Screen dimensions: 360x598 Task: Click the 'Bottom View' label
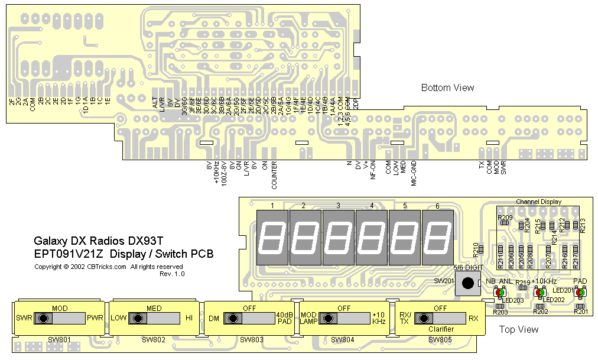(x=447, y=88)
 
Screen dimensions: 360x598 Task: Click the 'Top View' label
(x=519, y=329)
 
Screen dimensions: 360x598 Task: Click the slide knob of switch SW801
(x=43, y=319)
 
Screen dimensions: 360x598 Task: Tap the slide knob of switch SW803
(x=233, y=319)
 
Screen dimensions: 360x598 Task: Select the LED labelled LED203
(x=499, y=292)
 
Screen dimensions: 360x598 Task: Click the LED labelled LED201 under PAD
(x=580, y=292)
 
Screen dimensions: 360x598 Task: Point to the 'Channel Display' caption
(x=538, y=202)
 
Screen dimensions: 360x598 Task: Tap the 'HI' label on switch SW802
(x=189, y=318)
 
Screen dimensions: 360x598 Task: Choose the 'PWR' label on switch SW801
(x=95, y=318)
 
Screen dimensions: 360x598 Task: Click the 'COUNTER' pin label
(x=274, y=175)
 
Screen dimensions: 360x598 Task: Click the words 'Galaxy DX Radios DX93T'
(x=98, y=241)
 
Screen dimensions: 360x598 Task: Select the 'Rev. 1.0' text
(x=172, y=274)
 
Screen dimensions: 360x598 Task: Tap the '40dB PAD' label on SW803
(x=284, y=318)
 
